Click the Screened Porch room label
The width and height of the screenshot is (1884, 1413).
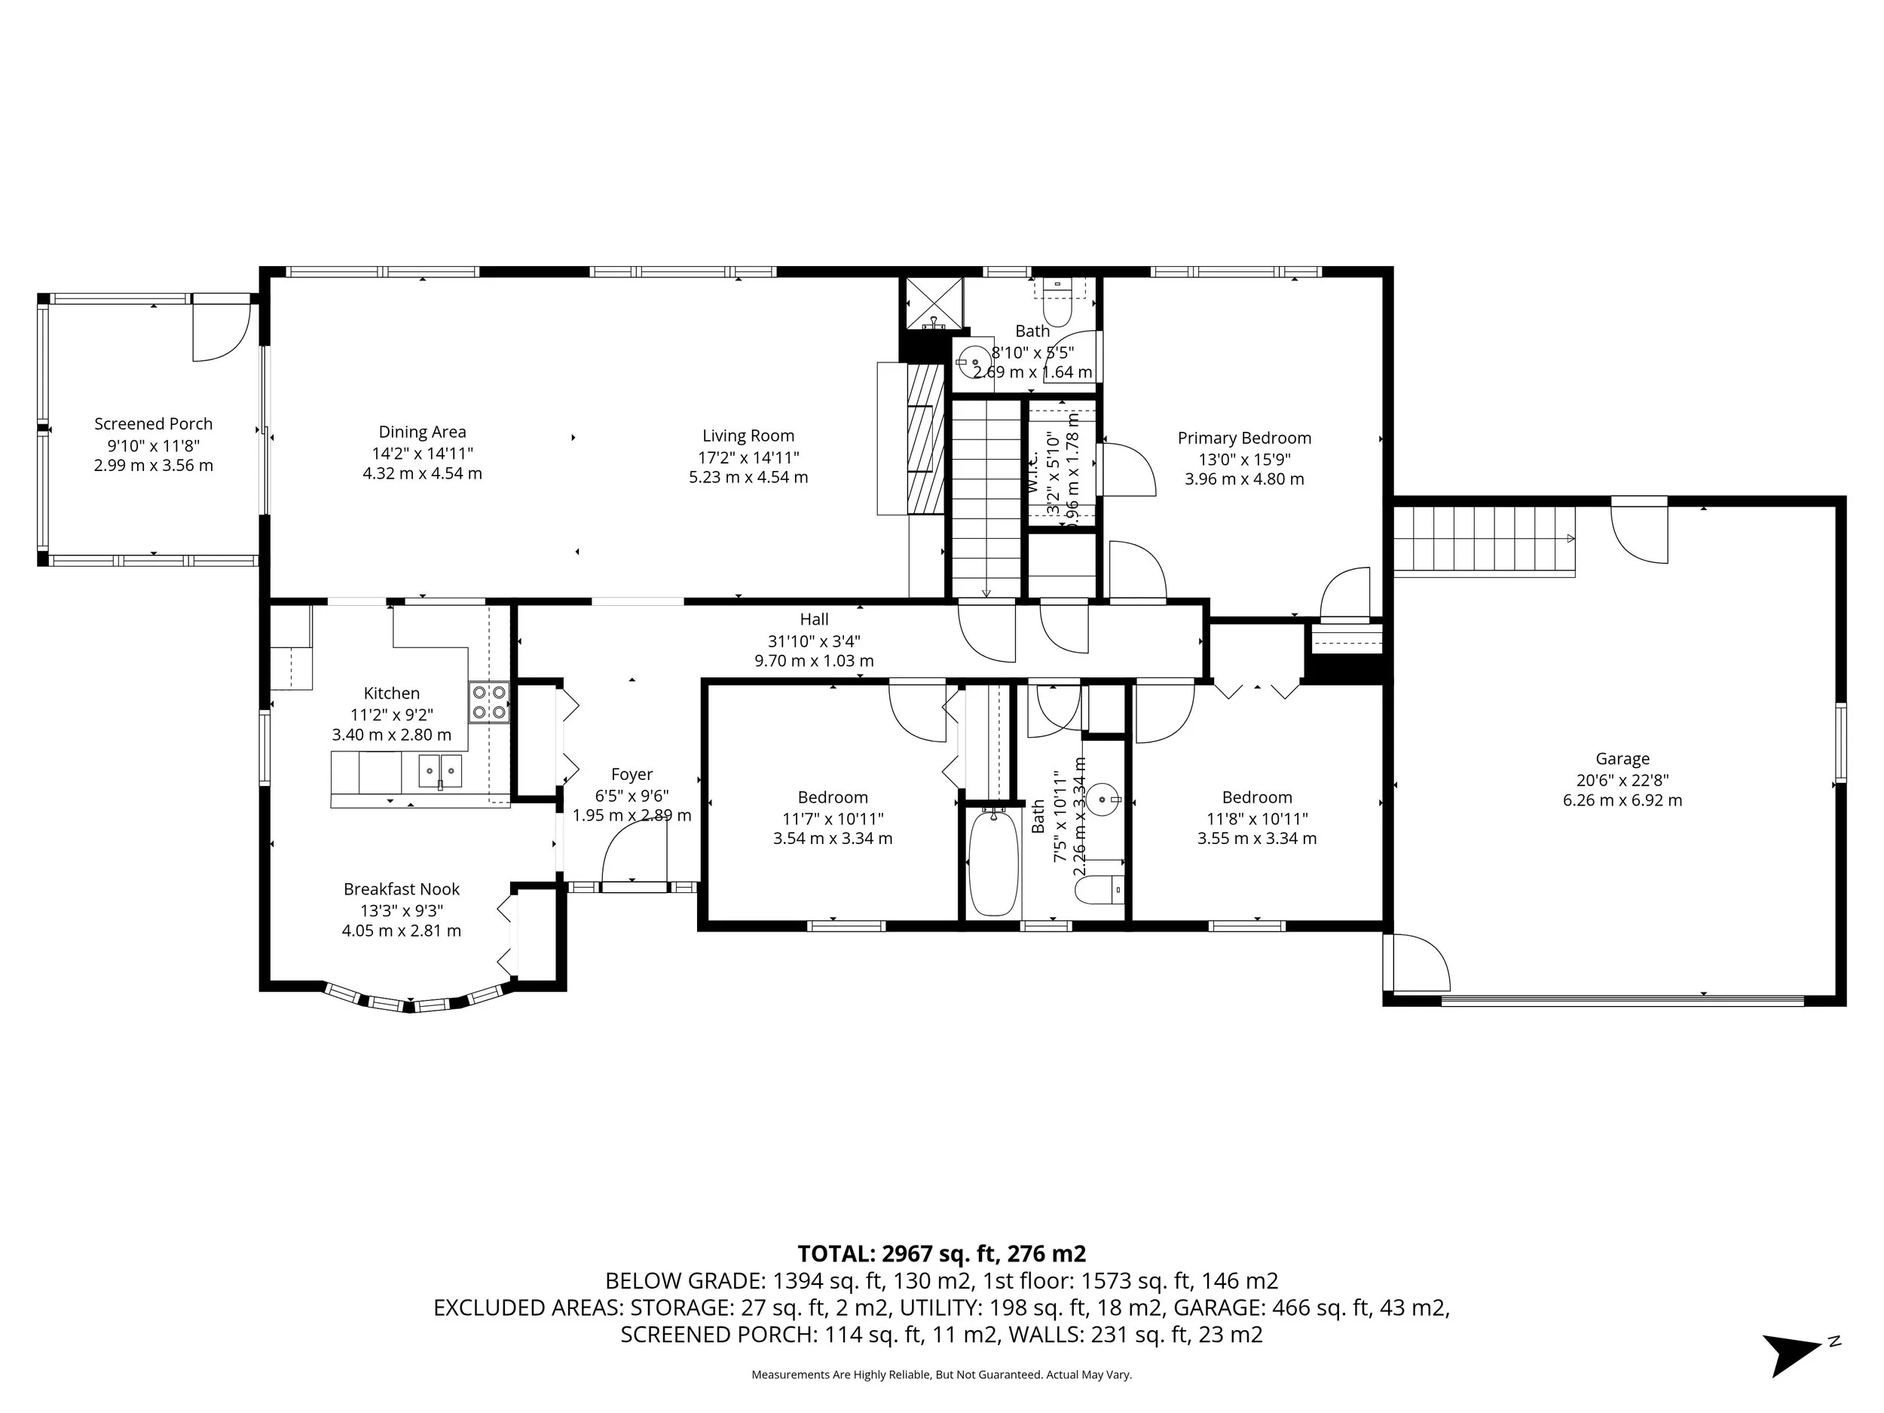153,424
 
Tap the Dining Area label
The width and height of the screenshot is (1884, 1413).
423,432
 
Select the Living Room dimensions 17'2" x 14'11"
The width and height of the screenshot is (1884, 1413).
748,457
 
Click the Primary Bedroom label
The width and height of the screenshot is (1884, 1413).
1243,438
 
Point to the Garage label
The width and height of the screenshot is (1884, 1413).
1622,758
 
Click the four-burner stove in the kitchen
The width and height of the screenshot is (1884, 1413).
489,702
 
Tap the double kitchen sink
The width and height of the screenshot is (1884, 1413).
439,771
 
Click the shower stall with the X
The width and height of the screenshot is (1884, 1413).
934,303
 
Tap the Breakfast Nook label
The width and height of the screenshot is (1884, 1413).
401,889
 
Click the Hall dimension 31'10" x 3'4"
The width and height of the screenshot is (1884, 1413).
813,641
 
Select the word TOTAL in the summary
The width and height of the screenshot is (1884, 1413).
835,1254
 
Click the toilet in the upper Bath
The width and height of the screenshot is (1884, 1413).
1058,307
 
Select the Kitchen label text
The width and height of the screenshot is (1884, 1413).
391,693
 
